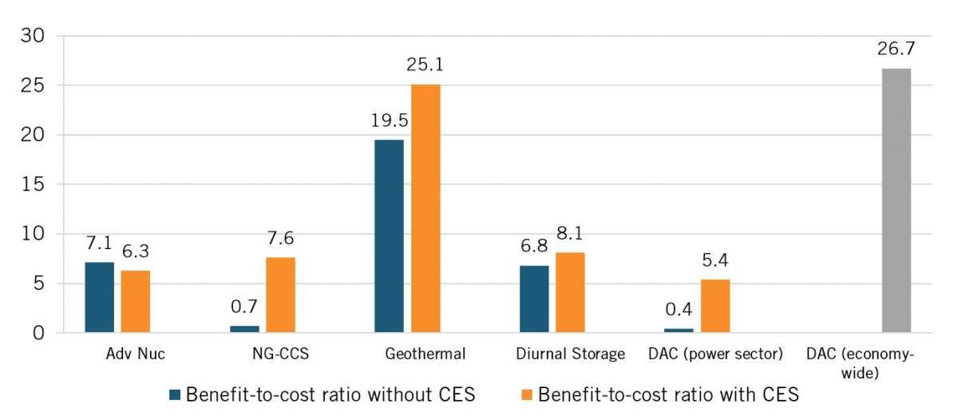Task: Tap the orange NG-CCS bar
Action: [x=280, y=295]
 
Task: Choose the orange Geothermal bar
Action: [x=426, y=208]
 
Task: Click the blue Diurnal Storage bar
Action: [x=534, y=299]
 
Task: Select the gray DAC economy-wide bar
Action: [x=897, y=200]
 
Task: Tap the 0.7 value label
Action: [x=244, y=306]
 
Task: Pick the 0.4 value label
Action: [x=679, y=310]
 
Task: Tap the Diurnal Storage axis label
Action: [x=570, y=353]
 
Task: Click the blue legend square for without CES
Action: [x=175, y=394]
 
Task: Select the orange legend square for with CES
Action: [x=527, y=394]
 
